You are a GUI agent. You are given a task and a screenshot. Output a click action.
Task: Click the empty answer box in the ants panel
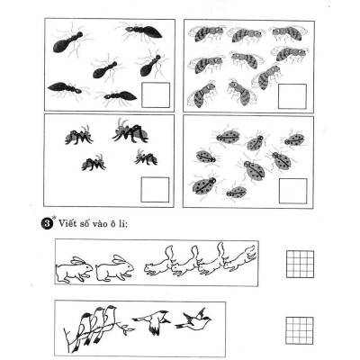point(157,94)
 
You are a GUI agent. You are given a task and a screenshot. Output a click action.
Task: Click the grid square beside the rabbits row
point(297,263)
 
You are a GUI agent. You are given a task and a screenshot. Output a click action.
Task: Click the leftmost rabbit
point(74,267)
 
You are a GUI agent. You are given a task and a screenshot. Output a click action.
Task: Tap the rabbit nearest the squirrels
point(114,266)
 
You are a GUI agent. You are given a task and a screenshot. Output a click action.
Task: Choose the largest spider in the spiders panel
point(130,132)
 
